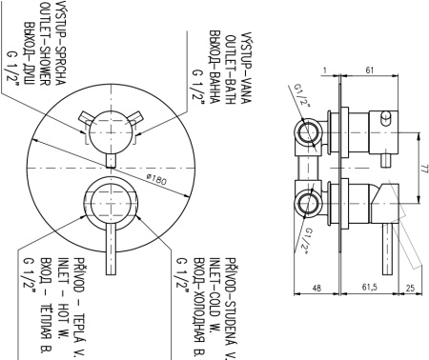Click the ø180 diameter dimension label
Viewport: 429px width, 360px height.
156,179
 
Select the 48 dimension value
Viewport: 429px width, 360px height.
317,288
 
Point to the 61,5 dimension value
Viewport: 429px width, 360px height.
369,288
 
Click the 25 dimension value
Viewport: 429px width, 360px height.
410,288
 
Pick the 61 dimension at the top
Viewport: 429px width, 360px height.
369,70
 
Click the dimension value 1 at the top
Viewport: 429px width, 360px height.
324,70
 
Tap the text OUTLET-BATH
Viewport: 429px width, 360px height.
230,70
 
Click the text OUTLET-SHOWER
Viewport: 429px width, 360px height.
45,44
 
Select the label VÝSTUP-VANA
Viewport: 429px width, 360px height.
246,67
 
